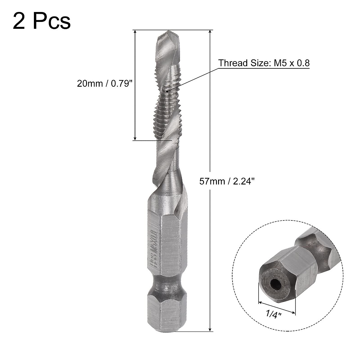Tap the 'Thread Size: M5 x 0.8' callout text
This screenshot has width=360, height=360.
click(x=264, y=63)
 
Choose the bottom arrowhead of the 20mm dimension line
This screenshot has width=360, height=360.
click(x=135, y=138)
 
